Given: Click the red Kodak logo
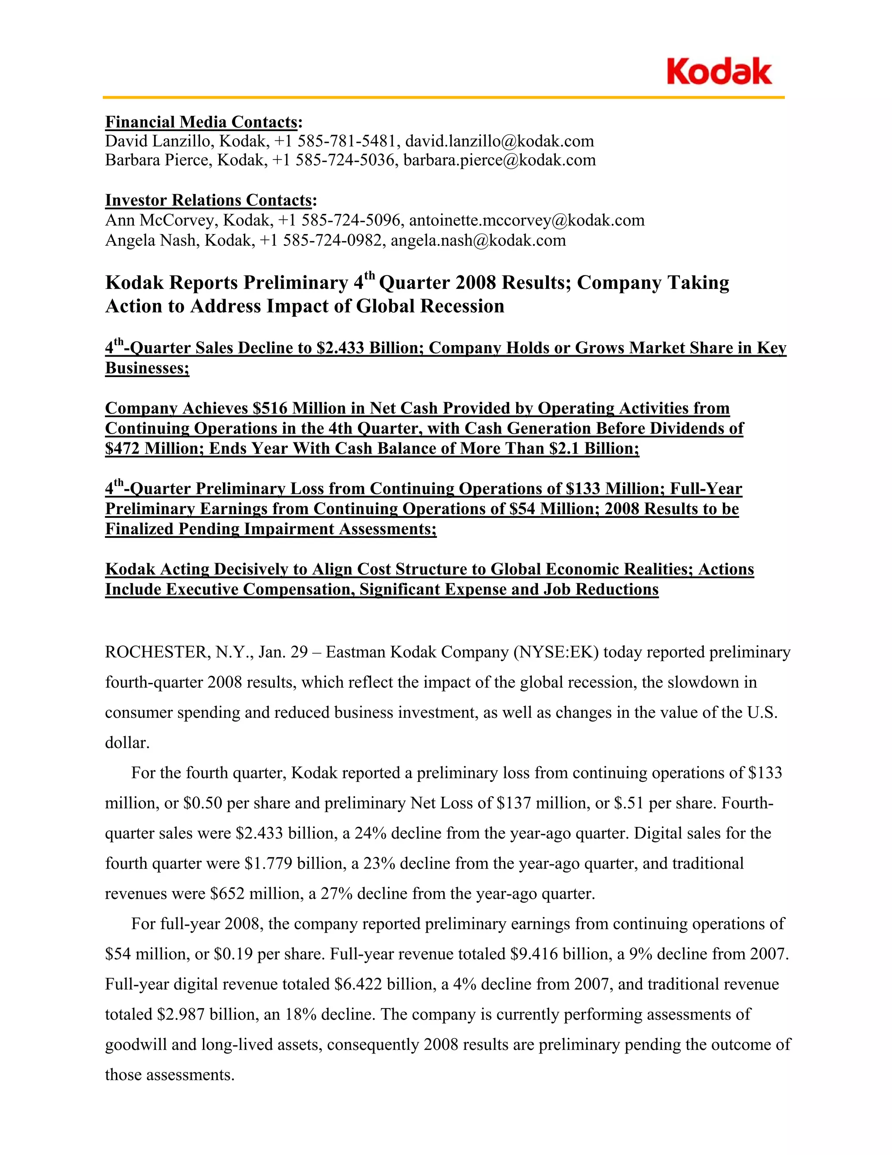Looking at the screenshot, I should (719, 72).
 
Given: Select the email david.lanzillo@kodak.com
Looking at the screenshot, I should (500, 141).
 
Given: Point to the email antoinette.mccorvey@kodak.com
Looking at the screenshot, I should (527, 221).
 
